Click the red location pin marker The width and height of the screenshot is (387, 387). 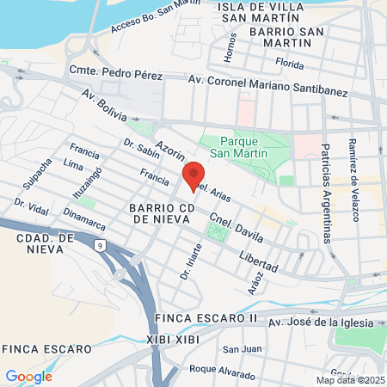(193, 176)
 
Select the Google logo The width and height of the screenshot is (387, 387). (28, 376)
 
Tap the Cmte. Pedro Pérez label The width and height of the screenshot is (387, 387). (115, 74)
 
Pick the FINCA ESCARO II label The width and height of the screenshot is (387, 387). (206, 317)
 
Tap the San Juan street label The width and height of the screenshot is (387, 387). (242, 349)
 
